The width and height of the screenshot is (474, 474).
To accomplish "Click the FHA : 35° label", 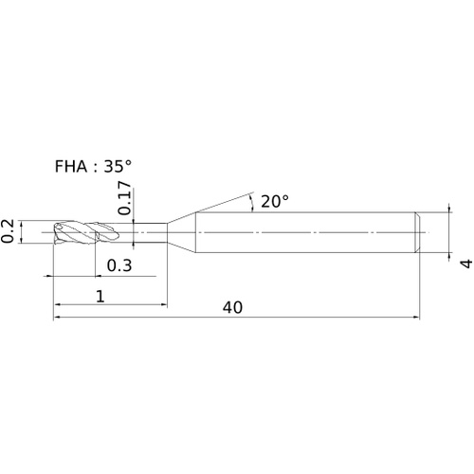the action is pos(93,166).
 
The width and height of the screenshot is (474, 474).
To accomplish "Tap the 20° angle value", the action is pos(275,201).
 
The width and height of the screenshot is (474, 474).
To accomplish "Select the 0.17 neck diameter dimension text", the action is pos(124,198).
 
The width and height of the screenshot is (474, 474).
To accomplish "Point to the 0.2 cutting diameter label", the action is pos(7,231).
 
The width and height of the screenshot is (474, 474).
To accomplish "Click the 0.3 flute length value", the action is pos(119,265).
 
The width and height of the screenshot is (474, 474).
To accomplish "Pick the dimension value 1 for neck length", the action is pos(100,297).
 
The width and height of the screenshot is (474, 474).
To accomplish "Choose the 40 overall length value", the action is pos(232,307).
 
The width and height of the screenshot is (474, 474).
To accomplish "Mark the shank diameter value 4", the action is pos(465,264).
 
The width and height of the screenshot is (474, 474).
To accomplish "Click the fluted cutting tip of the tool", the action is pos(87,233).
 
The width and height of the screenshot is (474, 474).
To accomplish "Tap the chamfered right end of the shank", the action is pos(418,232).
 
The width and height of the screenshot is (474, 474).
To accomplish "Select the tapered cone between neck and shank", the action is pos(181,232).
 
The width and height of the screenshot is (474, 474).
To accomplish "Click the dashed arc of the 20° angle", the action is pos(252,203).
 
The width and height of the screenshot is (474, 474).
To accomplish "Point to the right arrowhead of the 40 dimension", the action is pos(416,317).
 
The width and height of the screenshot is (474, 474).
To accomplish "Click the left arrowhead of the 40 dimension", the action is pos(57,317).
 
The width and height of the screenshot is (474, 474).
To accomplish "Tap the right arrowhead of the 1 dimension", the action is pos(163,304).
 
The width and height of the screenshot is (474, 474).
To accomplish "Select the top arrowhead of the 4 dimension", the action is pos(449,209).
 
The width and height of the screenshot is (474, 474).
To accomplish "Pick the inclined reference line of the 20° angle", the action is pos(225,202).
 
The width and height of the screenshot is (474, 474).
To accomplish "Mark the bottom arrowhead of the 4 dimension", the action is pos(449,257).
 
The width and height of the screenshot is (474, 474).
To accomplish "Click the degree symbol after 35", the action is pos(128,163).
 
